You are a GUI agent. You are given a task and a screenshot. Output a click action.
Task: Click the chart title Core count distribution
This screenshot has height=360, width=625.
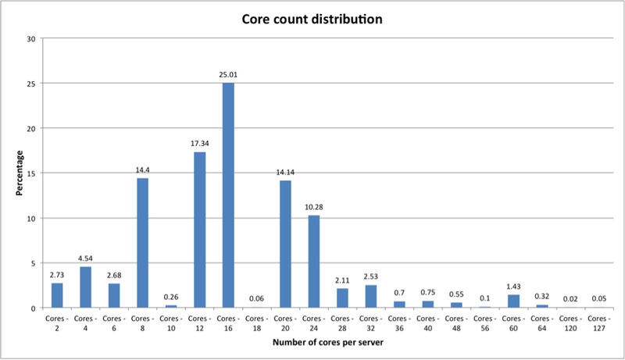[312, 19]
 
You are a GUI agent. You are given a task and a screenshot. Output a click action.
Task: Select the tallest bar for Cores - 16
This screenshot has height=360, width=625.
[228, 195]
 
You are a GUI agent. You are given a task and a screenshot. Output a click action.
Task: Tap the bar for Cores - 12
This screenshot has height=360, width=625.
[200, 230]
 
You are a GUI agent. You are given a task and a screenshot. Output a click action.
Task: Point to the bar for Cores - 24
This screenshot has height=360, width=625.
[313, 262]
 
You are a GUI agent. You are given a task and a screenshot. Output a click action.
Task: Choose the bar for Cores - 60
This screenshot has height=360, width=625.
[513, 301]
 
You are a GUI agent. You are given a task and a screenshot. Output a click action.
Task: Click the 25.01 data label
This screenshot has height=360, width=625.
[228, 75]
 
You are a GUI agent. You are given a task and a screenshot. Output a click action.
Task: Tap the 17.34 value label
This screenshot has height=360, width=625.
[200, 144]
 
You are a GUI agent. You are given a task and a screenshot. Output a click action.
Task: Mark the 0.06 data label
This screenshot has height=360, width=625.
[257, 299]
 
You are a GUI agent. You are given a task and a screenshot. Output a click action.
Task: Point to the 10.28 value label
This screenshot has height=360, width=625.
[313, 208]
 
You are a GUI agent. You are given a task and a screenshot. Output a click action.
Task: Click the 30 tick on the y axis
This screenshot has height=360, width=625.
[30, 38]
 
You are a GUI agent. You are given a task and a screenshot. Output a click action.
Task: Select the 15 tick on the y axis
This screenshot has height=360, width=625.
[30, 173]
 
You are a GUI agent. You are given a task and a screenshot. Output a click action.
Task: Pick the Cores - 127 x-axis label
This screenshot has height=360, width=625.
[599, 324]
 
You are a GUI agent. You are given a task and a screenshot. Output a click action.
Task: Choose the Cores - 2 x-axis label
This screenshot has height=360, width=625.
[58, 324]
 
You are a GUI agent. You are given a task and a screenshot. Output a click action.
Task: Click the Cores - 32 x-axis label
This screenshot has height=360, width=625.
[370, 324]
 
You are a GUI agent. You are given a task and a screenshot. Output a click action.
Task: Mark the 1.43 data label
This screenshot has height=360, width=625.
[513, 287]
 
